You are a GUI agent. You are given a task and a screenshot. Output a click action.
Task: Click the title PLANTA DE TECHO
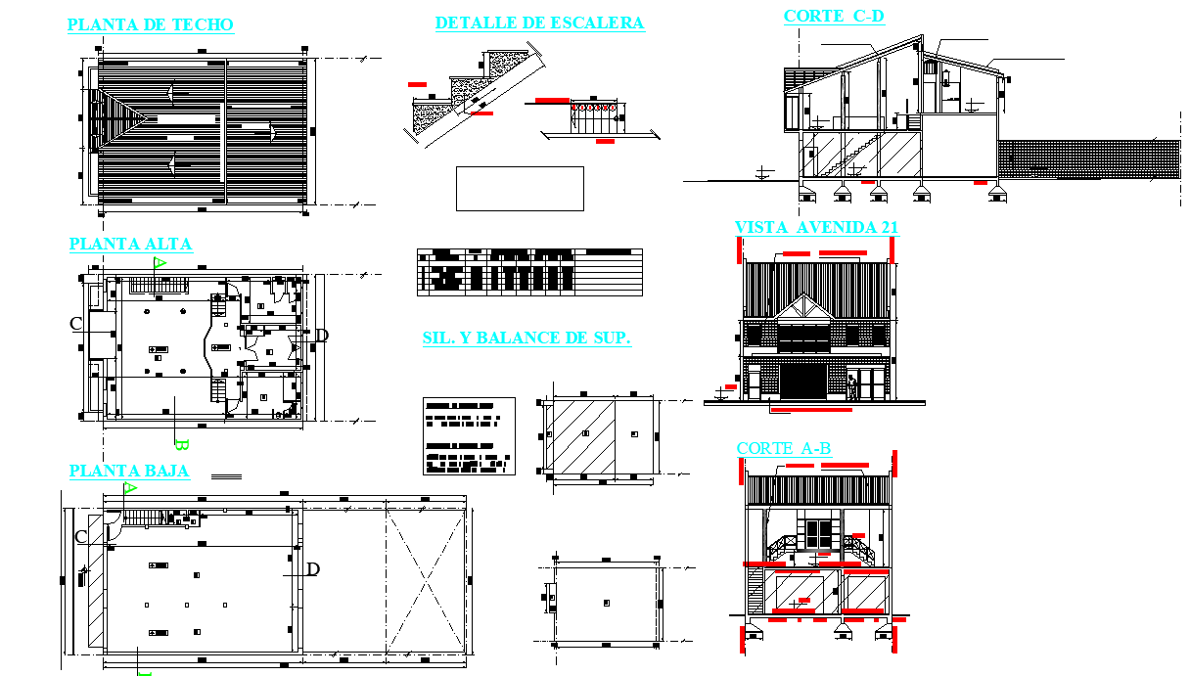pos(150,25)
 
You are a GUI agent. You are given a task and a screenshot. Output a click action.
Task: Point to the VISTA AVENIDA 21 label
pos(816,228)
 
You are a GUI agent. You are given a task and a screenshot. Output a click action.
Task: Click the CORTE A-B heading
pos(783,449)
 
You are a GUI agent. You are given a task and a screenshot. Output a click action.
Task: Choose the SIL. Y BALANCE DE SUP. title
pos(526,339)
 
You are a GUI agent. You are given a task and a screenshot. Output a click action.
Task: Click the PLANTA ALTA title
pos(130,245)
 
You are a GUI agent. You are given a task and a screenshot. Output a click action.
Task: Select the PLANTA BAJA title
pos(129,472)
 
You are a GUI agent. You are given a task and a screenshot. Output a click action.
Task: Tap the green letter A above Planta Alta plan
pos(160,262)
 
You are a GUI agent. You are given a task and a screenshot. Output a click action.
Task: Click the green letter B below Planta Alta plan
pos(180,442)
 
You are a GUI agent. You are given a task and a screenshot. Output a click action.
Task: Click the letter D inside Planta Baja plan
pos(312,569)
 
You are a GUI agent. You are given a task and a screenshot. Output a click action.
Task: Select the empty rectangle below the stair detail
pos(520,188)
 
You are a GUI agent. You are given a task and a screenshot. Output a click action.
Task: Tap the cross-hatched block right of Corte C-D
pos(1088,158)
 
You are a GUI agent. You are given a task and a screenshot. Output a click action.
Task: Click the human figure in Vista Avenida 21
pos(852,389)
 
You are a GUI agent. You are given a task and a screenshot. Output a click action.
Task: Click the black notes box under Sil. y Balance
pos(469,435)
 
